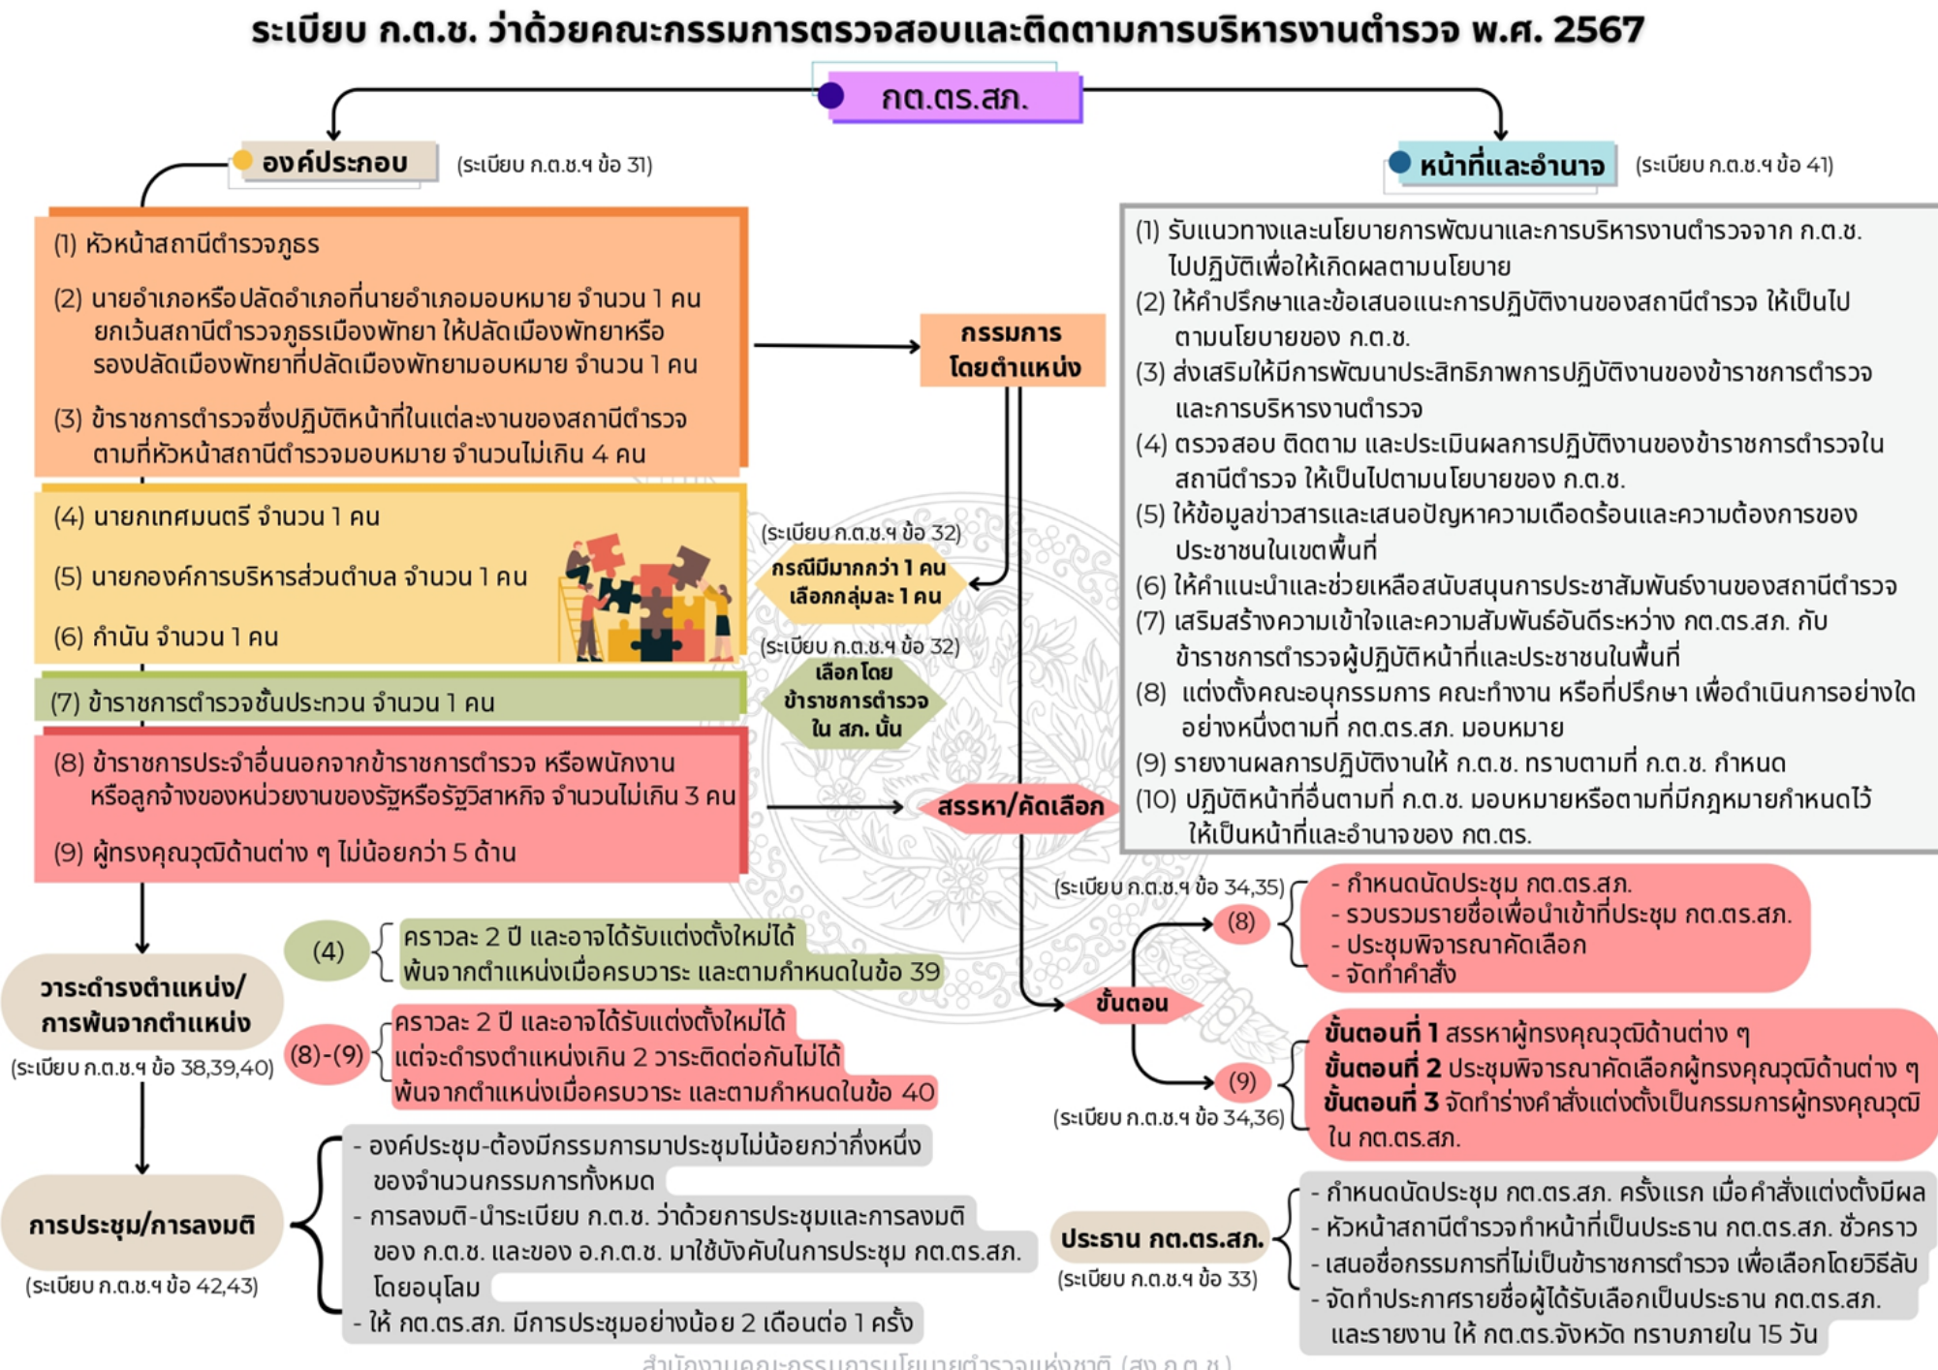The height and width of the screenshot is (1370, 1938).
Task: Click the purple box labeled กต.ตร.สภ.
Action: (x=954, y=98)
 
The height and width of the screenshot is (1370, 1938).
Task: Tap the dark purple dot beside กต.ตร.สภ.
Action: (x=830, y=96)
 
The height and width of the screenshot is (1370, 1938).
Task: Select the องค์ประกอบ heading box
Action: (x=334, y=163)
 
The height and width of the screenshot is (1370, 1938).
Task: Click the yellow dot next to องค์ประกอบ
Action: (x=242, y=160)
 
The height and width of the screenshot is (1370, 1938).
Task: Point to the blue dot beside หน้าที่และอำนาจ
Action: (x=1399, y=163)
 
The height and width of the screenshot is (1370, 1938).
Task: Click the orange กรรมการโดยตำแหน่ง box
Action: (x=1013, y=350)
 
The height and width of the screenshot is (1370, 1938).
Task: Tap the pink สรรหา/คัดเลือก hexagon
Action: (x=1019, y=806)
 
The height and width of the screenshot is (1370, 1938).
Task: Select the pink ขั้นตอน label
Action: (x=1131, y=1003)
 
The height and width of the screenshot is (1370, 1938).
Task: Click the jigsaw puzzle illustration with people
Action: (x=645, y=599)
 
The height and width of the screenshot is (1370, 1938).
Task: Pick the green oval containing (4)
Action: (x=328, y=951)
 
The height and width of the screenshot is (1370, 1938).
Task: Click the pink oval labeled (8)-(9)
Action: (x=327, y=1053)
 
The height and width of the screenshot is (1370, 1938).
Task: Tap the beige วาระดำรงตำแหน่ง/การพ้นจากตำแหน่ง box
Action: (x=143, y=1004)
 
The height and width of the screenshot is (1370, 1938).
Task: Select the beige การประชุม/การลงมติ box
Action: (x=141, y=1225)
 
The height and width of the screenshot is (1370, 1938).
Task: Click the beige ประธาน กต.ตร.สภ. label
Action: (x=1161, y=1238)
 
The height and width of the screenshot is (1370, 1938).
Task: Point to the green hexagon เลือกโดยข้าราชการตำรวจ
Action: (x=856, y=700)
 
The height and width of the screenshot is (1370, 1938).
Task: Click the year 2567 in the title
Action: (x=1599, y=30)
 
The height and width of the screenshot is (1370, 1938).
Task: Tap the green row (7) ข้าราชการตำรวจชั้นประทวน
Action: (x=388, y=701)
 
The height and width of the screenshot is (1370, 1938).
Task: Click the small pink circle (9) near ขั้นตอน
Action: (x=1241, y=1081)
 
